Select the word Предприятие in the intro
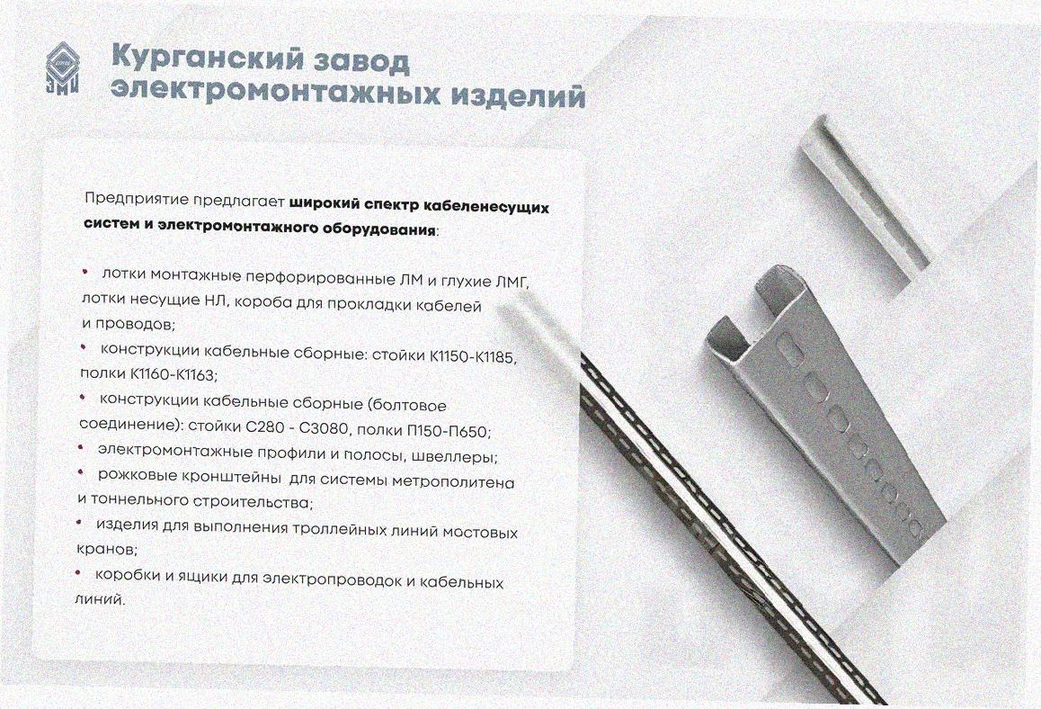pos(136,199)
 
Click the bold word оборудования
pos(379,229)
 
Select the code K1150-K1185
pos(472,357)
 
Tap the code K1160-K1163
pos(173,375)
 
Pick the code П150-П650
pos(449,431)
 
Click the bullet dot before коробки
pos(77,572)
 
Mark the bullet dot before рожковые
pos(80,471)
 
